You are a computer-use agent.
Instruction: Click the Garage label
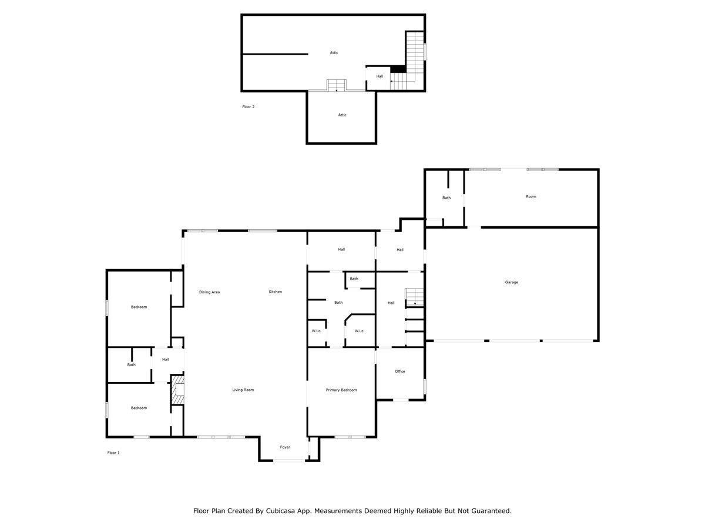tap(511, 282)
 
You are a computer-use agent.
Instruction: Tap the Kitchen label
tap(276, 292)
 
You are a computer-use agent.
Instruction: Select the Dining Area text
tap(209, 292)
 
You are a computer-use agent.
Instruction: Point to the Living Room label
tap(243, 390)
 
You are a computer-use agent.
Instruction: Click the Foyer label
tap(285, 447)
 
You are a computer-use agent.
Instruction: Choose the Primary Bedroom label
tap(341, 390)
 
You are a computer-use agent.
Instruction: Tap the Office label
tap(400, 371)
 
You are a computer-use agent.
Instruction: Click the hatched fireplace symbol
tap(178, 391)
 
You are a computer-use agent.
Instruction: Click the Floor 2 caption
tap(248, 107)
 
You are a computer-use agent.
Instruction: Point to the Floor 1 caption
tap(113, 453)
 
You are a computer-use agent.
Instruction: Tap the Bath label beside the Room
tap(446, 197)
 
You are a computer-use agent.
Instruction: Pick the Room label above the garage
tap(531, 196)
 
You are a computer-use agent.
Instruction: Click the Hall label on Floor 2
tap(380, 76)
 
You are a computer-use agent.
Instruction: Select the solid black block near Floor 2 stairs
tap(398, 69)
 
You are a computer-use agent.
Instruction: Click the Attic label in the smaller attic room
tap(342, 115)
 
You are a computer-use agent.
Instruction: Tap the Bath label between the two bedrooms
tap(131, 364)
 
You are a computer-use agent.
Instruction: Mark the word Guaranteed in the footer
tap(489, 511)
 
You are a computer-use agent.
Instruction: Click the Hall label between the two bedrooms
tap(166, 360)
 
